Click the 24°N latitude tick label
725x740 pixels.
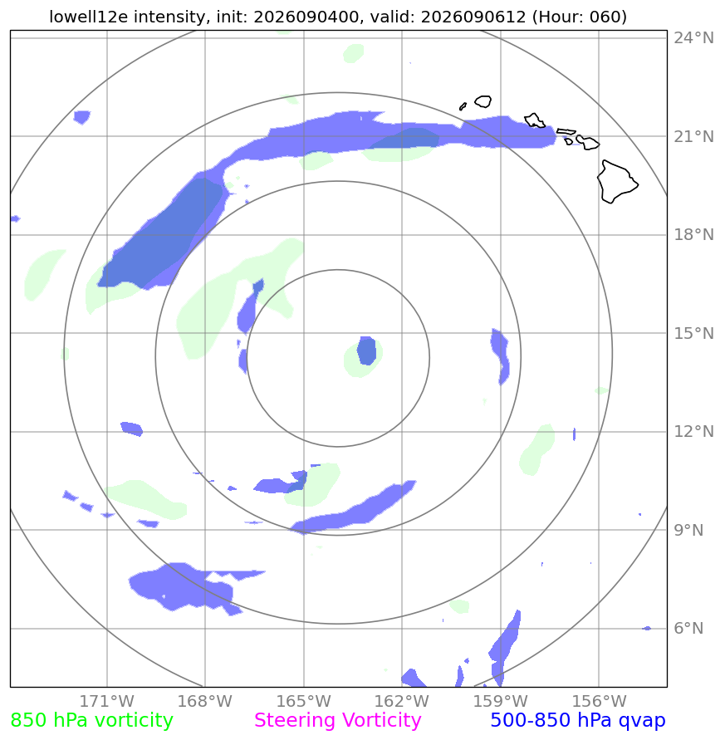pos(693,37)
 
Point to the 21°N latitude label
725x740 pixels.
pos(693,136)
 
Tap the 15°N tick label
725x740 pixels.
pos(693,333)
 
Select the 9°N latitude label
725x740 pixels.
pos(688,530)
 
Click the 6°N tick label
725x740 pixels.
pos(688,628)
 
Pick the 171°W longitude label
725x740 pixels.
pos(106,701)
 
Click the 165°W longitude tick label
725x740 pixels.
pos(303,701)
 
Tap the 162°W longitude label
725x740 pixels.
pos(402,701)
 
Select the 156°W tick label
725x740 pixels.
pos(599,701)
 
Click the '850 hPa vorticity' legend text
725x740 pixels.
pos(92,721)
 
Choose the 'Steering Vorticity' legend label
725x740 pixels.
pos(337,721)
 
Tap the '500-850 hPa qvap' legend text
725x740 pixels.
pos(578,721)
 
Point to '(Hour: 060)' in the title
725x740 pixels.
pos(580,17)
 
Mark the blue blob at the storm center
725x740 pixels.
pos(367,350)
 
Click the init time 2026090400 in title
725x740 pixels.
pos(306,17)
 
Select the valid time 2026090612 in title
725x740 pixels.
pos(473,17)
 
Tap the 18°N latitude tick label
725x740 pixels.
pos(693,234)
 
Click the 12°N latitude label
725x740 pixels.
pos(693,431)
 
